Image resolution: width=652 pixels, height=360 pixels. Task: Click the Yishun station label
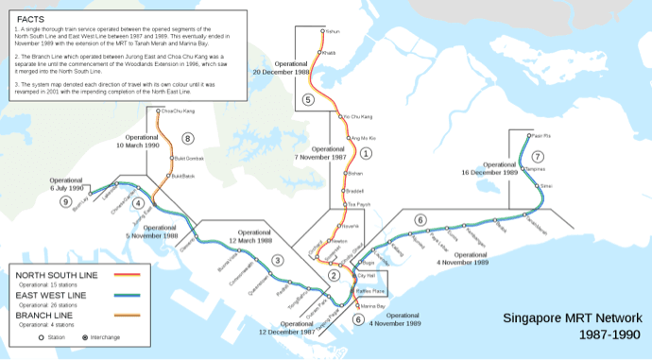[332, 31]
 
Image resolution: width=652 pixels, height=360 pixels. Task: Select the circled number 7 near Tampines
[538, 156]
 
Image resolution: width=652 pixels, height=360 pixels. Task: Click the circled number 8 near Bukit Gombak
[188, 138]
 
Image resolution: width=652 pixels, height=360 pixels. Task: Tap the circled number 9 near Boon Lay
[65, 201]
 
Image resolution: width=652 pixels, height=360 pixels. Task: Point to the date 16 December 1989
[489, 173]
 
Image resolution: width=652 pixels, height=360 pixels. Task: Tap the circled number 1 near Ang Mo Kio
[367, 152]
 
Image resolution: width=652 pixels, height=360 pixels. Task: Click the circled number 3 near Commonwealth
[277, 260]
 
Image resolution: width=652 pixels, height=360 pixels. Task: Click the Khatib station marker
[322, 53]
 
